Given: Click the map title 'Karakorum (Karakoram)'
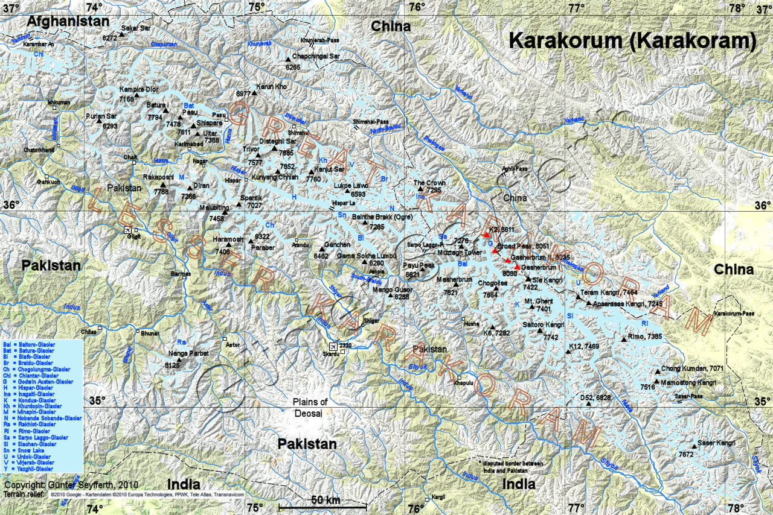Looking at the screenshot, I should [x=632, y=40].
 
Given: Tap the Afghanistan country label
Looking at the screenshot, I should [x=68, y=21].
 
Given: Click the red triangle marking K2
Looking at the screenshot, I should [x=486, y=235].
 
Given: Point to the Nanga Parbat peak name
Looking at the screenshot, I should [x=190, y=353].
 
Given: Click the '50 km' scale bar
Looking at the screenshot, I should [x=326, y=500].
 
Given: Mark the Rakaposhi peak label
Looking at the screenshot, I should [x=158, y=177].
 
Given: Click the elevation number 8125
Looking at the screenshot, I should [x=173, y=365].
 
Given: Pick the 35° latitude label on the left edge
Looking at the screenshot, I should [x=97, y=400].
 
